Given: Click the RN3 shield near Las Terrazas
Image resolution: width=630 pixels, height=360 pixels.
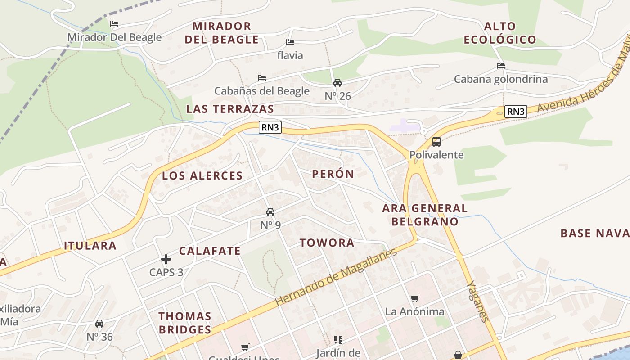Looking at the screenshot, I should (270, 127).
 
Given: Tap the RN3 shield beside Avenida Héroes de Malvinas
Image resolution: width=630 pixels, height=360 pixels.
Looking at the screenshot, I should (515, 112).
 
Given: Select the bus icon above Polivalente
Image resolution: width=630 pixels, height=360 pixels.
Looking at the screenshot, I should (436, 142).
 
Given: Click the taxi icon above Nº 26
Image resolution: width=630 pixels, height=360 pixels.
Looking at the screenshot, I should (337, 83).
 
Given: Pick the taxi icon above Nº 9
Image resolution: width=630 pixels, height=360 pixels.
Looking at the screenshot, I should (270, 211).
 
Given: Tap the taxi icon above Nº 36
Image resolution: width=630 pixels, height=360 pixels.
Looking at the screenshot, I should (99, 323).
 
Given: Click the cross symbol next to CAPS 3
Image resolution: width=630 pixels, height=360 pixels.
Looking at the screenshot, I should (166, 259).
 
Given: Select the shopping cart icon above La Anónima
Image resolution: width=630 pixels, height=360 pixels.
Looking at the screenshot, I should (414, 298).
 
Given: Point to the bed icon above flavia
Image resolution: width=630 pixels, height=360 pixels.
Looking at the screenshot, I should (290, 42).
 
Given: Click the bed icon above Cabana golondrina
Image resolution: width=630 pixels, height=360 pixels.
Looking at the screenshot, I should (501, 66).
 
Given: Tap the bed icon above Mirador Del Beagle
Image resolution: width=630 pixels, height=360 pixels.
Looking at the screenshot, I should (114, 24).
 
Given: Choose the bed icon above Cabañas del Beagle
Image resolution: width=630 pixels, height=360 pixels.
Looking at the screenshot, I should (262, 78).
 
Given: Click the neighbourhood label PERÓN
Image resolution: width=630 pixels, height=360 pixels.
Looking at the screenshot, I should (333, 174).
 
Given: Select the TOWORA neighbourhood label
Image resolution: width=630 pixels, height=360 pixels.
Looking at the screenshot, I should (327, 243).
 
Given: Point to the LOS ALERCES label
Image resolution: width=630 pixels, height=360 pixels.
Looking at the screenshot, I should (202, 176).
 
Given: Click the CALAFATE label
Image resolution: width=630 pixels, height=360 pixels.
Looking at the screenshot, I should (210, 251).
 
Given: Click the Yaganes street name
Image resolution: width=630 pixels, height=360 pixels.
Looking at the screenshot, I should (478, 301).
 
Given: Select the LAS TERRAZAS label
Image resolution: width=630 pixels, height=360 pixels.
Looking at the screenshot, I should (230, 109).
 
